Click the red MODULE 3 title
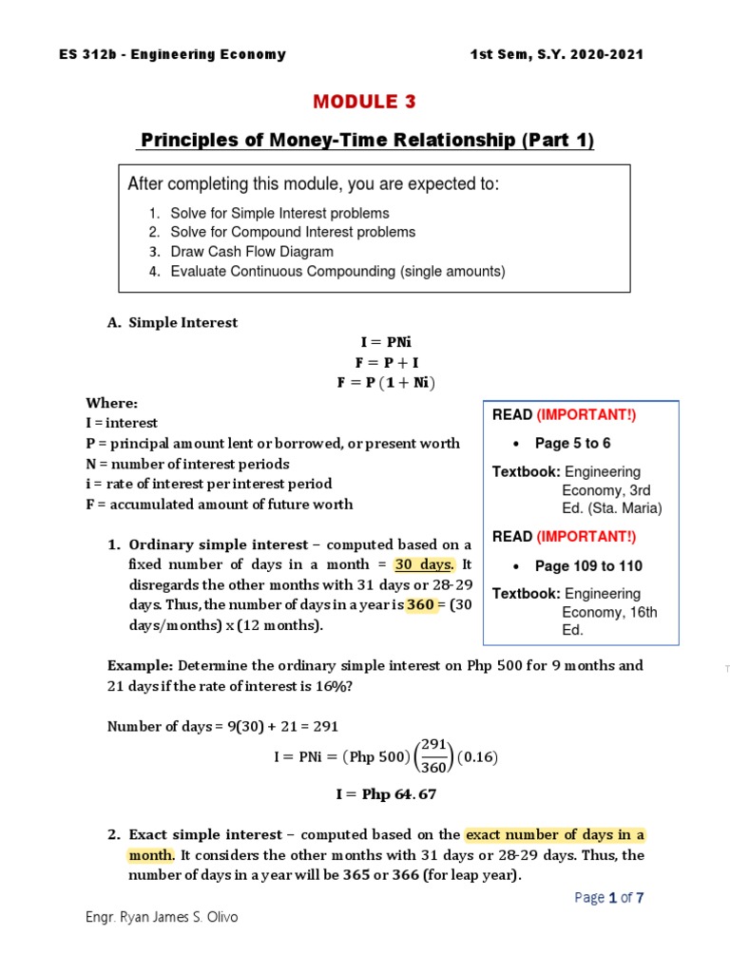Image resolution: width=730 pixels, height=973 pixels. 366,102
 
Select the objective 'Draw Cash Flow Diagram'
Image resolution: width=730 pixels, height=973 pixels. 252,252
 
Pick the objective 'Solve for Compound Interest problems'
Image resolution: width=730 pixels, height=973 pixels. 293,232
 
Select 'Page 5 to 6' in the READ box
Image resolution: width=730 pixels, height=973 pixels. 573,443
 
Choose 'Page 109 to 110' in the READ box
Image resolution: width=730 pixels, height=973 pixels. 588,566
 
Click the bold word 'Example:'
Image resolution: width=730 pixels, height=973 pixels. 140,665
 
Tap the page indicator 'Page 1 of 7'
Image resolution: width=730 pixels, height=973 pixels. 610,897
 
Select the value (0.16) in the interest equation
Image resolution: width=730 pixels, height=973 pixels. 478,757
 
